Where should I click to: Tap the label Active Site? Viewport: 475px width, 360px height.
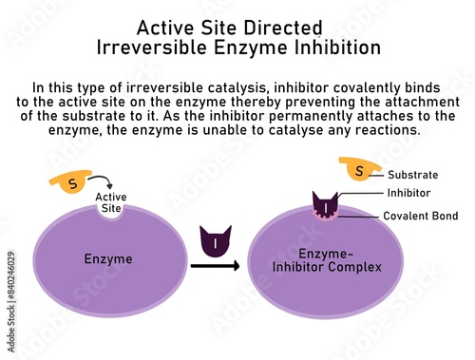point(111,203)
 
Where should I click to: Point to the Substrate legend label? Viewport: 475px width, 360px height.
point(412,176)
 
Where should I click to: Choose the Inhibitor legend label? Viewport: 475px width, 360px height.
point(408,193)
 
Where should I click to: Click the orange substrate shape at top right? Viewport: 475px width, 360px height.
point(359,170)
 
